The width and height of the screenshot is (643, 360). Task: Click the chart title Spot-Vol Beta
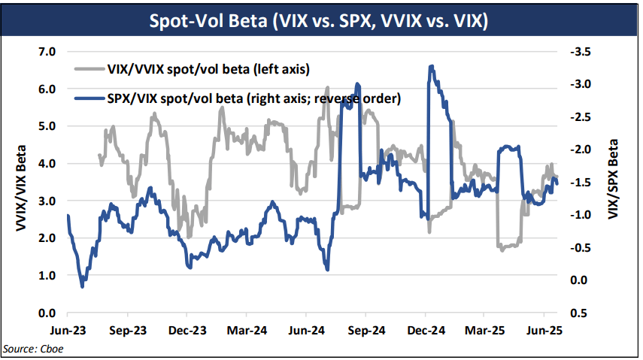click(x=320, y=20)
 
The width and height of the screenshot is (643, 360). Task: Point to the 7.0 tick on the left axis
click(x=47, y=52)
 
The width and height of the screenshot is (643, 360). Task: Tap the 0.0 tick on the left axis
click(x=47, y=313)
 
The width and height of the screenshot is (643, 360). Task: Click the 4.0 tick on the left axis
click(x=47, y=163)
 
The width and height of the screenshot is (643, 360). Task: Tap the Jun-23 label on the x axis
click(x=68, y=330)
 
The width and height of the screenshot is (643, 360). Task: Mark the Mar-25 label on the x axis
click(x=484, y=330)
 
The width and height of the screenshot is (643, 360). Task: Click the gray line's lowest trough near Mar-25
click(x=502, y=250)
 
